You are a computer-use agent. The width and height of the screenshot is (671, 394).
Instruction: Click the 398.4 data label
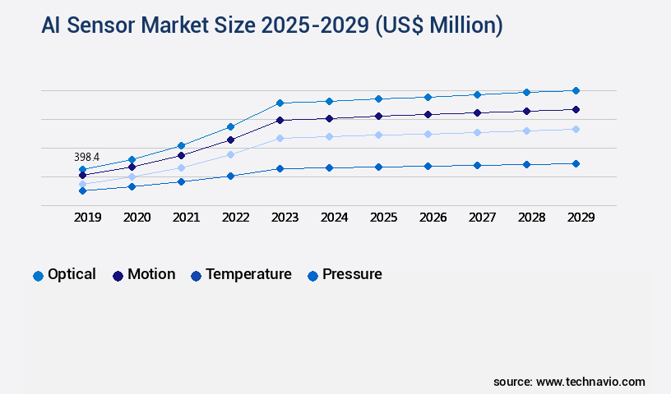point(86,157)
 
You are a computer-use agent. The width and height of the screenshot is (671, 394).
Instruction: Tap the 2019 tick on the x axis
point(87,218)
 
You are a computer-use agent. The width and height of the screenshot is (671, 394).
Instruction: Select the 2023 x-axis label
point(285,218)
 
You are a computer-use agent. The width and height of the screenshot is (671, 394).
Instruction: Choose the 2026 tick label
point(433,218)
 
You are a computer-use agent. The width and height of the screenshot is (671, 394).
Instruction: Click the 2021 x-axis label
point(186,218)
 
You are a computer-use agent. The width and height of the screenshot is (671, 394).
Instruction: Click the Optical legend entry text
point(72,274)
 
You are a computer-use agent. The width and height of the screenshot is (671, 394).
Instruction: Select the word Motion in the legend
point(151,274)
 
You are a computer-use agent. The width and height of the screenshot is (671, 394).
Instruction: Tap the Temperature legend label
point(248,274)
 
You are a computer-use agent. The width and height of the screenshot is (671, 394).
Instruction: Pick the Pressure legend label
point(352,274)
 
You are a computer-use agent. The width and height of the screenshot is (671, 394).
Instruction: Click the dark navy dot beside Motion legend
point(118,276)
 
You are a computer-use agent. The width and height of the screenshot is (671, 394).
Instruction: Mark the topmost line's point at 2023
point(280,103)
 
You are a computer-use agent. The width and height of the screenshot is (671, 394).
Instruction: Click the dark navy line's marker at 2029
point(576,109)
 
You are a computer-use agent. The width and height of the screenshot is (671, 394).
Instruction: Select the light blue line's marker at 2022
point(230,154)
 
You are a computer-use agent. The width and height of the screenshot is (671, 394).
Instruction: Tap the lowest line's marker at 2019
point(82,190)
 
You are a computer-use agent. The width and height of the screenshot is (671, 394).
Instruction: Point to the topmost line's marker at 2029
point(576,90)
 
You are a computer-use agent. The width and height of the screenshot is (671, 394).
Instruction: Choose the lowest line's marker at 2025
point(378,167)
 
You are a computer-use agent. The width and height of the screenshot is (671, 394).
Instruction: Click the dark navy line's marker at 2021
point(181,155)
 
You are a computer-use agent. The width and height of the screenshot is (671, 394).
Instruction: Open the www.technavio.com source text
point(590,382)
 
